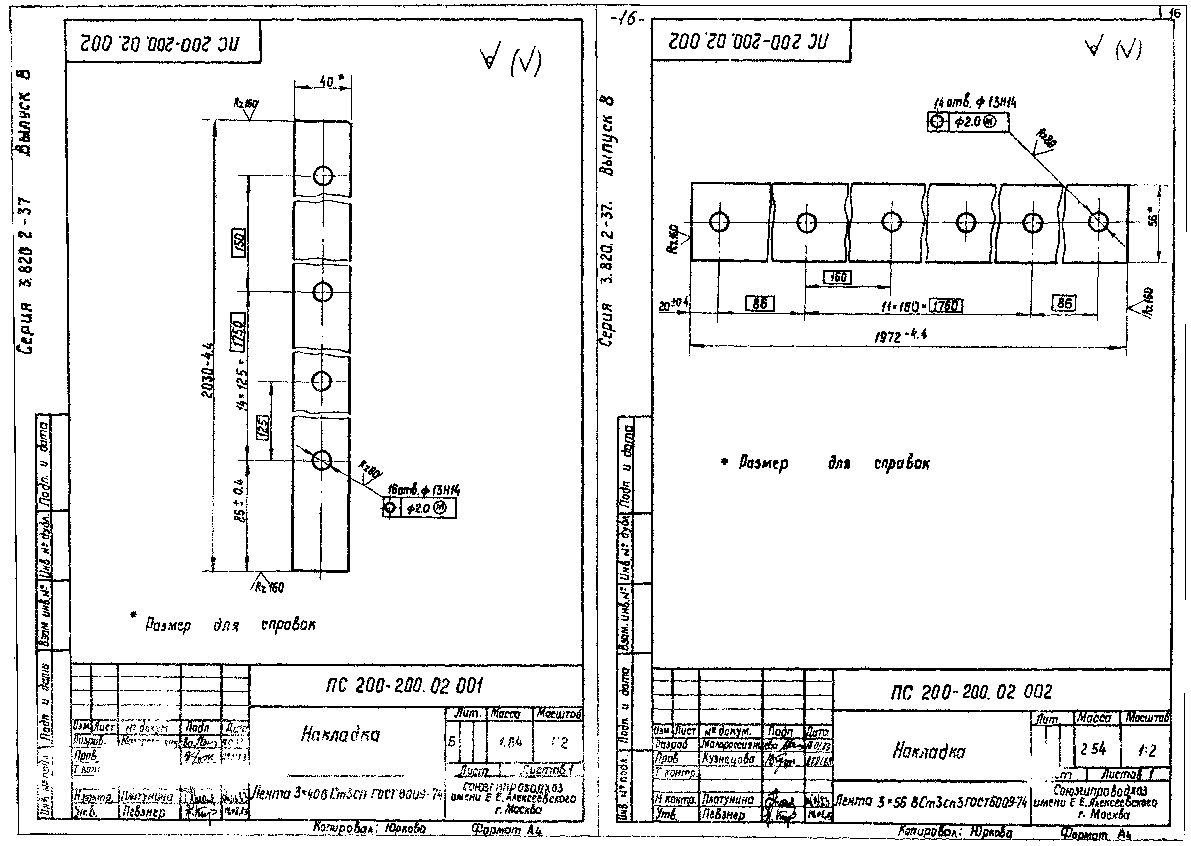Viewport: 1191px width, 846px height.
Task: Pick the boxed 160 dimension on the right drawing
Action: (x=837, y=277)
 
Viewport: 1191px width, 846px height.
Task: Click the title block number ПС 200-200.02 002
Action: (x=971, y=692)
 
